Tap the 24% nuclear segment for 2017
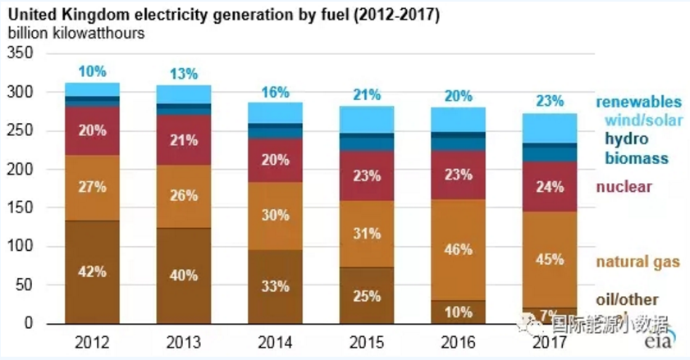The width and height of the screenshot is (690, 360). point(550,186)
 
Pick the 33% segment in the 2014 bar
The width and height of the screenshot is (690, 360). point(276,286)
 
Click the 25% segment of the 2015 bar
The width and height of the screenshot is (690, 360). point(367,294)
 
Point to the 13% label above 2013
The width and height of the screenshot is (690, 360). point(183,74)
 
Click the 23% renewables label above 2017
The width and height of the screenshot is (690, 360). point(550,102)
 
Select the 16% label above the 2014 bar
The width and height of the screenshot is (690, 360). point(276,93)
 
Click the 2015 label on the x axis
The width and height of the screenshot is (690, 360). point(367,340)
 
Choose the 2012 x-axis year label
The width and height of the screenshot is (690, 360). point(92,340)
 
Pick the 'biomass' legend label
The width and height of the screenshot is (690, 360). point(637,157)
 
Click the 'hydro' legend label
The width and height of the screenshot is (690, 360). point(627,139)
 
